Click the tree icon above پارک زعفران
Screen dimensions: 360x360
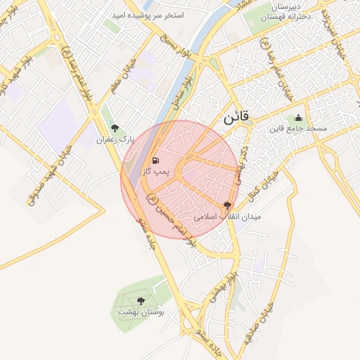[x=115, y=128]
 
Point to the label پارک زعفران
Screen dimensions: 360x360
[x=115, y=140]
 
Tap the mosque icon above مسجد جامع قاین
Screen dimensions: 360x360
[x=298, y=118]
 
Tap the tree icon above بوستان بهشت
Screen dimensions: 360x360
[x=141, y=301]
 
